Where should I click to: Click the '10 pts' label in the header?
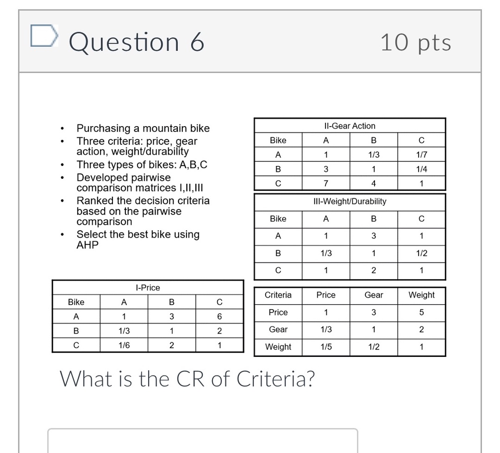click(415, 43)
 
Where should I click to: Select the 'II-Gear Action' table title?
click(350, 126)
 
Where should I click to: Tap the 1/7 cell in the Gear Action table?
click(421, 155)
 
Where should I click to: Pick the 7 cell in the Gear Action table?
click(326, 184)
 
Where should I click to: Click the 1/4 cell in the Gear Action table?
click(421, 169)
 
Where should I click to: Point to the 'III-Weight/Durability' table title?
click(350, 202)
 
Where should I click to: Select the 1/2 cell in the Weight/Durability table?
click(421, 253)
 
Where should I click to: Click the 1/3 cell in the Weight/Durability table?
click(326, 253)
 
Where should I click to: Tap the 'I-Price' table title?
click(148, 288)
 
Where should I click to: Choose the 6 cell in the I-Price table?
click(219, 317)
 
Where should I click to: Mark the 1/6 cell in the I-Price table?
click(124, 345)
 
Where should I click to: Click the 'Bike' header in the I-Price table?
click(76, 302)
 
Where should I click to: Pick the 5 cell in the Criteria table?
click(421, 312)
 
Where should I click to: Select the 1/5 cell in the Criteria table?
click(326, 347)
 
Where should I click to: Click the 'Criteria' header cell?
click(278, 295)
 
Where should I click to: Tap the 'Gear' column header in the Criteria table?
click(374, 295)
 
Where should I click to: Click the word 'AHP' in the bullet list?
click(87, 245)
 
